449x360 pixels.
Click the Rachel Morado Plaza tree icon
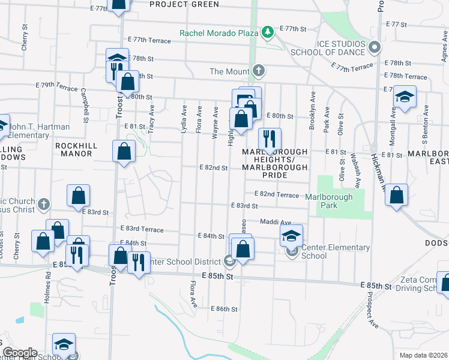[268, 32]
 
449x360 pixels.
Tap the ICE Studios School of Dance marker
[375, 46]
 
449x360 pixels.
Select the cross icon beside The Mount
[259, 71]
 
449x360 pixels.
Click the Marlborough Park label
[328, 201]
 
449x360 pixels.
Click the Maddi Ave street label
[276, 222]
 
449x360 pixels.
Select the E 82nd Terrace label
[276, 194]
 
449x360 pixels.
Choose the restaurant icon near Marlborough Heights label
[270, 139]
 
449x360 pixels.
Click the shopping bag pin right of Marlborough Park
[396, 195]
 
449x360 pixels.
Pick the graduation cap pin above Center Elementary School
[291, 235]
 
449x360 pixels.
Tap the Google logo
[19, 353]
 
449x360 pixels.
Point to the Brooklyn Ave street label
[312, 110]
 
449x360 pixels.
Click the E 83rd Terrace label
[142, 229]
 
